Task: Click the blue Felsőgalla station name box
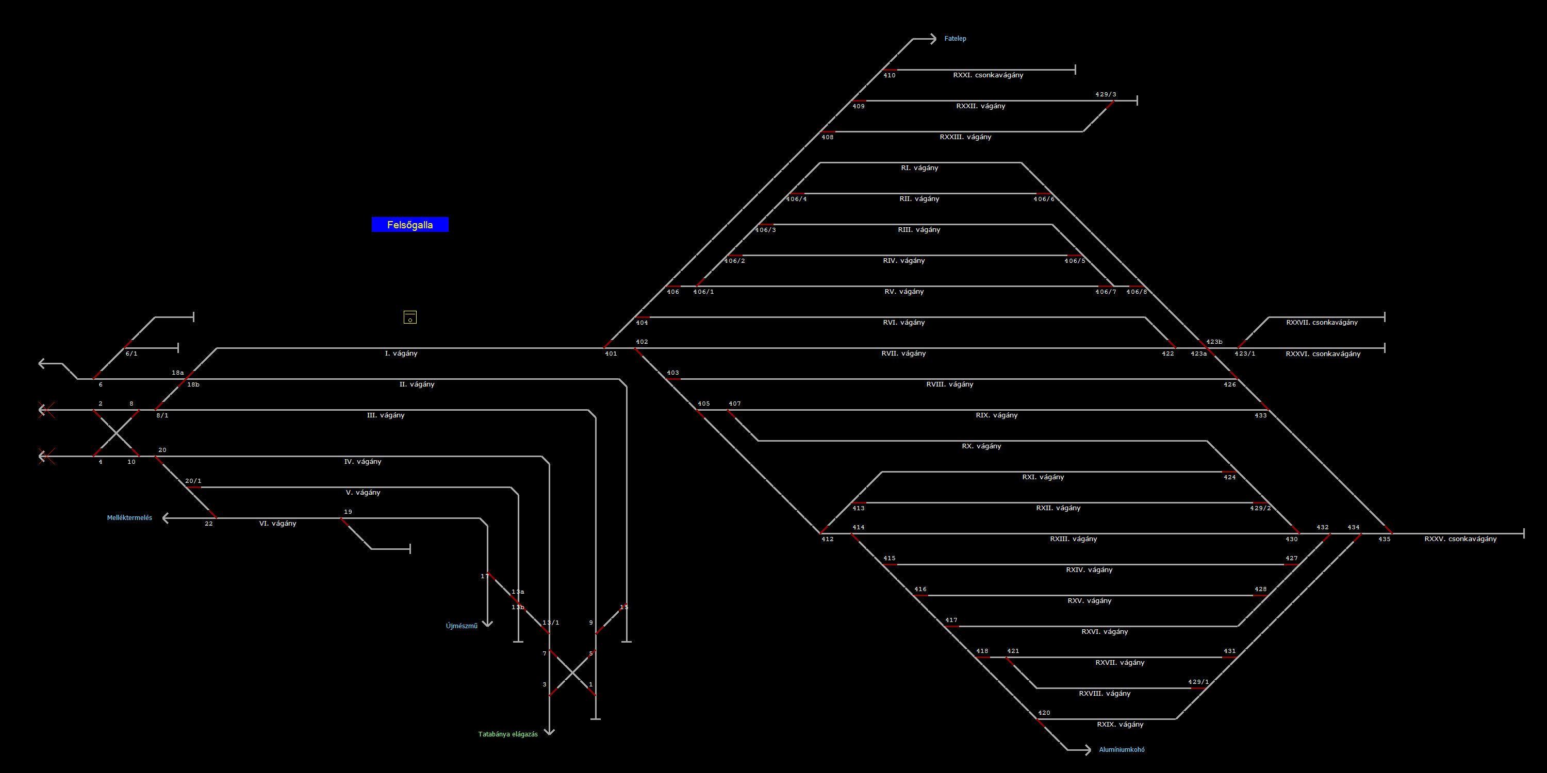point(410,225)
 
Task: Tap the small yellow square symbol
point(410,317)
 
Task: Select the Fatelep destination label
point(955,39)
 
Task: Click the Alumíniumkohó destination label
point(1121,750)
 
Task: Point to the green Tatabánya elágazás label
point(508,734)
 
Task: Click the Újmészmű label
point(461,626)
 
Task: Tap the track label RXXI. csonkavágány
point(988,75)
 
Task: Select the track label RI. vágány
point(919,168)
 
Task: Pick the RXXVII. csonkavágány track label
point(1322,322)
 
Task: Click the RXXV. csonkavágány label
point(1460,539)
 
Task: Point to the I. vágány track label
point(401,354)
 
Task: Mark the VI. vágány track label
point(277,524)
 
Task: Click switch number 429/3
point(1106,94)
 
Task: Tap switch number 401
point(611,354)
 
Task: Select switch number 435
point(1384,539)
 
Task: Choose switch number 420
point(1044,713)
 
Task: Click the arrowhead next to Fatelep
point(933,39)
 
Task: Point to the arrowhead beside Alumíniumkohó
point(1087,750)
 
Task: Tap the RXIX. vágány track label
point(1120,725)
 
